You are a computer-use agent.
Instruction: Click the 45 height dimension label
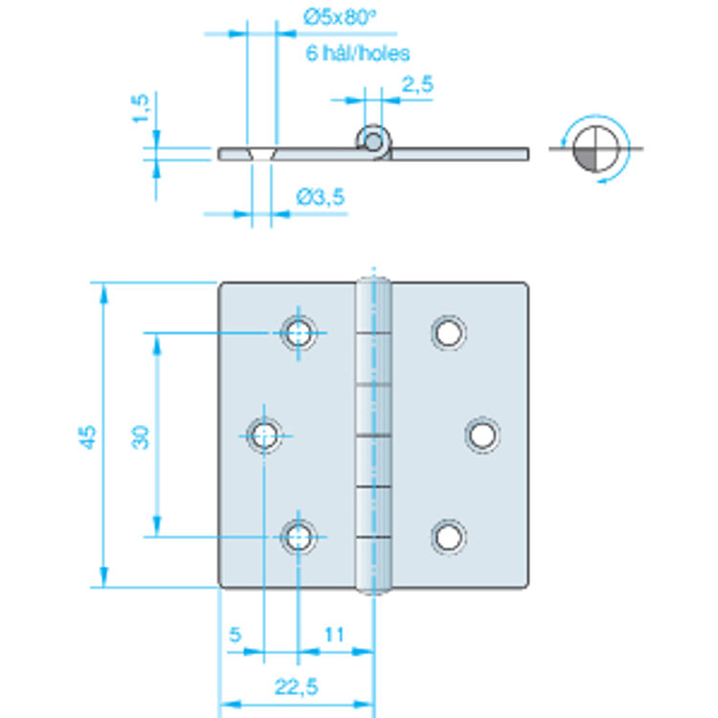(88, 438)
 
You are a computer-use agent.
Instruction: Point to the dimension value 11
(334, 634)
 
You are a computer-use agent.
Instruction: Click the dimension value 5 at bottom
(235, 634)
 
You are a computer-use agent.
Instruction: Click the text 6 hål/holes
(358, 54)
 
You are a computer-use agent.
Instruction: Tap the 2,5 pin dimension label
(417, 84)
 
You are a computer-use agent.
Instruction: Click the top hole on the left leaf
(299, 333)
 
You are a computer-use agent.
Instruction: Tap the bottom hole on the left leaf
(299, 537)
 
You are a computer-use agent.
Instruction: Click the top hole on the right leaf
(447, 333)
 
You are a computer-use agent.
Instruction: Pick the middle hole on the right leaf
(482, 436)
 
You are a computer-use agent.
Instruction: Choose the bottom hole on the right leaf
(447, 537)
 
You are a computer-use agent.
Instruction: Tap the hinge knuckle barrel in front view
(375, 436)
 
